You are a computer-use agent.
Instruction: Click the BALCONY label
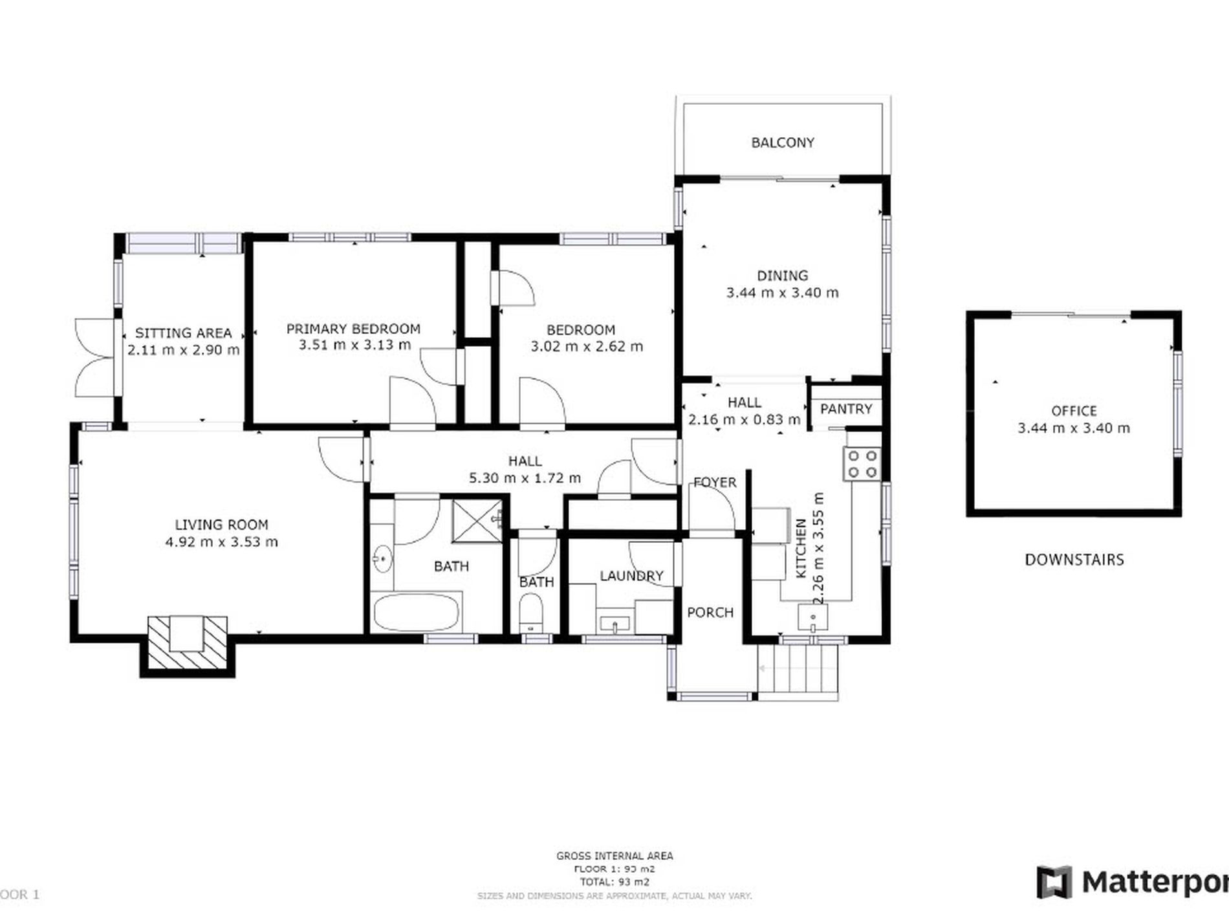(x=782, y=142)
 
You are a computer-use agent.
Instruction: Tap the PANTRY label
(x=845, y=409)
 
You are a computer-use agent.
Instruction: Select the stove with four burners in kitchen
(x=862, y=464)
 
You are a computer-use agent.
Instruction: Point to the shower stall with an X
(x=477, y=520)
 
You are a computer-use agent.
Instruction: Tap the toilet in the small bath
(x=532, y=612)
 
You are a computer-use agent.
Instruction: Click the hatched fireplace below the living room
(x=187, y=642)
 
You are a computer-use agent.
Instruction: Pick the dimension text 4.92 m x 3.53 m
(x=221, y=542)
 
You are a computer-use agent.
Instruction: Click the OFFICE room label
(x=1074, y=411)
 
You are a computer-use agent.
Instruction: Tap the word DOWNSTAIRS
(x=1074, y=560)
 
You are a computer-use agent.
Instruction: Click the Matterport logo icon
(x=1054, y=882)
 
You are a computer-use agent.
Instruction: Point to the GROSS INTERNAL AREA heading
(x=614, y=856)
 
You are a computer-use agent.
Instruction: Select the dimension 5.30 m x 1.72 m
(x=525, y=478)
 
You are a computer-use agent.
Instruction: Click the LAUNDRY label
(x=631, y=576)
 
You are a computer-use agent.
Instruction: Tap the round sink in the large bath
(x=382, y=558)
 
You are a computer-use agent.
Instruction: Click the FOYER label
(x=714, y=482)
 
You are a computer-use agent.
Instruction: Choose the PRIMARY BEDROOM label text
(x=353, y=329)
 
